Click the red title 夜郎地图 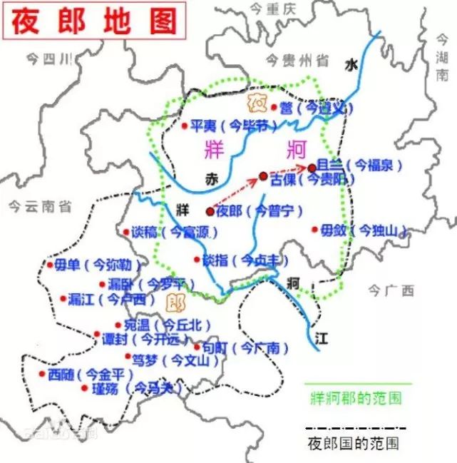[x=93, y=21]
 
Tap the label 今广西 [x=391, y=290]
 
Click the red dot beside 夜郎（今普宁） [x=210, y=211]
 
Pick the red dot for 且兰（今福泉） [x=312, y=168]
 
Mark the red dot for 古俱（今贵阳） [x=264, y=176]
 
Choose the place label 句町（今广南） [x=246, y=347]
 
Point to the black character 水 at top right [x=350, y=64]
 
